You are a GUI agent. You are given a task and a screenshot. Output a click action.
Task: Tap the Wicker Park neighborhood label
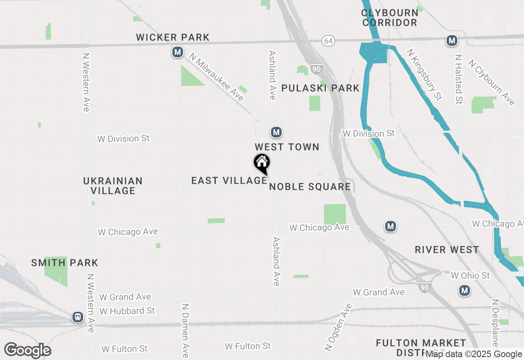(173, 38)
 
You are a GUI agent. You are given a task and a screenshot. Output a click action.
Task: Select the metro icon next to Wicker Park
(177, 52)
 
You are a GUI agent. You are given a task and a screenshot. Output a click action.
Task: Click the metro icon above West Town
(276, 132)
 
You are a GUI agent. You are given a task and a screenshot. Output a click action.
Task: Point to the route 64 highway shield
(327, 41)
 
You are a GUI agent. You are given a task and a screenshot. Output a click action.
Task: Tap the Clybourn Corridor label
(389, 18)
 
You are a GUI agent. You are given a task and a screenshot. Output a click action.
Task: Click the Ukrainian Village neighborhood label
(113, 186)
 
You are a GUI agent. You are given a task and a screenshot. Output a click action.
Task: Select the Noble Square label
(310, 187)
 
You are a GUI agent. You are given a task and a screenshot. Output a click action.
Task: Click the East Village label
(229, 180)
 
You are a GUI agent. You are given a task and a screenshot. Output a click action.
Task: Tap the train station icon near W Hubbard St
(77, 317)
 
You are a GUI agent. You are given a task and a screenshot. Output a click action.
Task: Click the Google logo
(28, 350)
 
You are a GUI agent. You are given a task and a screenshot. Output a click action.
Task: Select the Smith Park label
(65, 263)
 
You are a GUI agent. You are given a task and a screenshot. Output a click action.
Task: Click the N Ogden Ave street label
(338, 327)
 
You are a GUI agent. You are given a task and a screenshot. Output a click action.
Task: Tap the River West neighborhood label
(447, 250)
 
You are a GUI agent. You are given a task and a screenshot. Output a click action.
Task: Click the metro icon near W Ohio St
(464, 291)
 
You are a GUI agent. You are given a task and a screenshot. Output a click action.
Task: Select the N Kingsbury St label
(424, 74)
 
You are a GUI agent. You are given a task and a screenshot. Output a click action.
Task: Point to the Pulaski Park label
(321, 88)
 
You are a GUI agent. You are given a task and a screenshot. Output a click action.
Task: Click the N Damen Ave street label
(185, 330)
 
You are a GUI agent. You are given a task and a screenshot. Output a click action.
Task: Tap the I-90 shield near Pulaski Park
(316, 69)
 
